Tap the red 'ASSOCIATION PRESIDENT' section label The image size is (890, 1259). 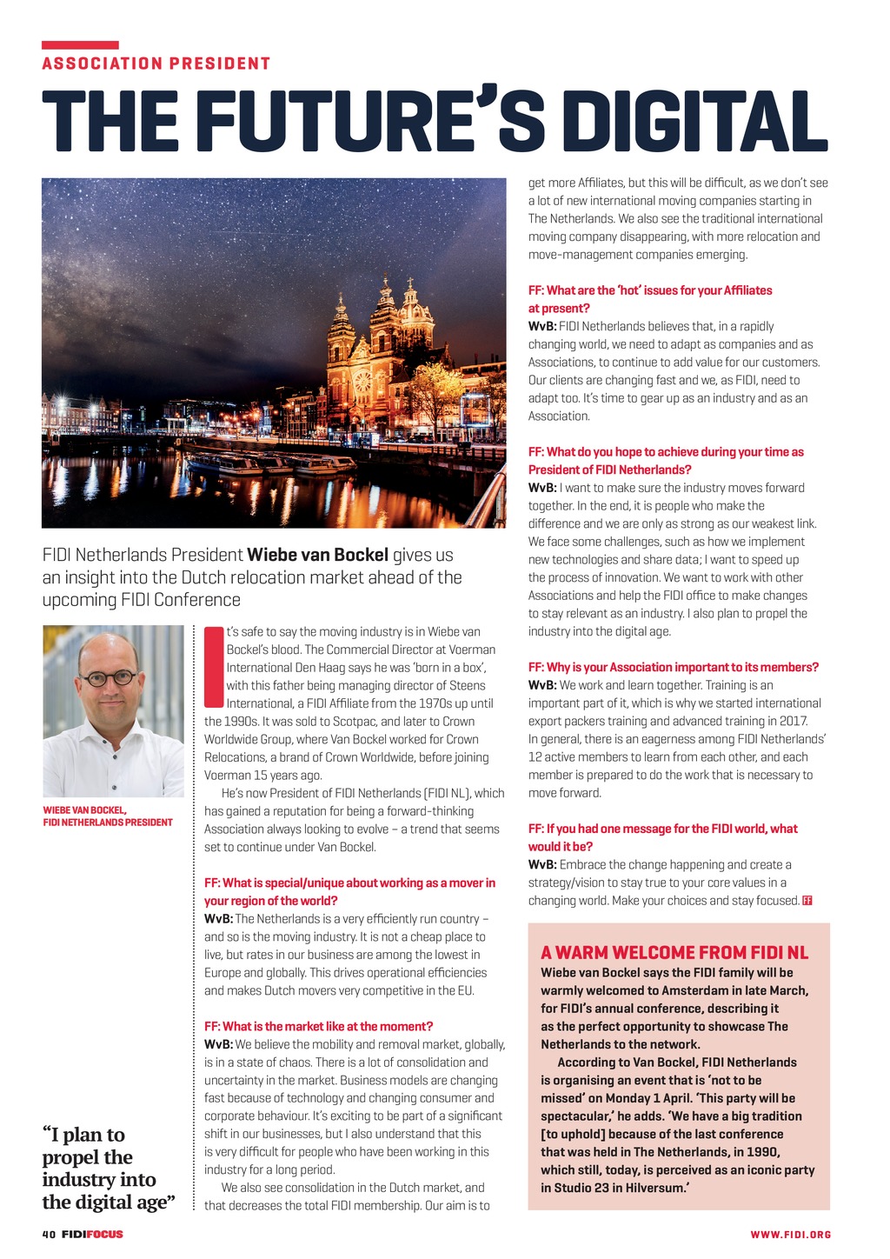tap(156, 63)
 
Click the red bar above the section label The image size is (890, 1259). tap(80, 44)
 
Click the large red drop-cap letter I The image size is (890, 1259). tap(214, 667)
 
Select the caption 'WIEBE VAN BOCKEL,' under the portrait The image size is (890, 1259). tap(85, 809)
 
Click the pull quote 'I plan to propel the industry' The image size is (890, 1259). tap(108, 1168)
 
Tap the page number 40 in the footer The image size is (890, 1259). tap(49, 1234)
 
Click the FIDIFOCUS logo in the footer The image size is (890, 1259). tap(93, 1234)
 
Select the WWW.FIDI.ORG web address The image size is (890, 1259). tap(790, 1235)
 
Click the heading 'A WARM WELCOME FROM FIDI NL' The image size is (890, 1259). tap(674, 952)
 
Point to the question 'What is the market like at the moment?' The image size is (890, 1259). tap(318, 1026)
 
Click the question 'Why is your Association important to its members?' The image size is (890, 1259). tap(674, 667)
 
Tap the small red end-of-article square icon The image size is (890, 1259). tap(807, 900)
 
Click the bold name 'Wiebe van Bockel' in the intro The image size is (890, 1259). tap(318, 555)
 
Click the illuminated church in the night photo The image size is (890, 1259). tap(381, 348)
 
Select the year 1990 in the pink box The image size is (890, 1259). tap(761, 1151)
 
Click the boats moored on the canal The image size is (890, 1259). tap(269, 463)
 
